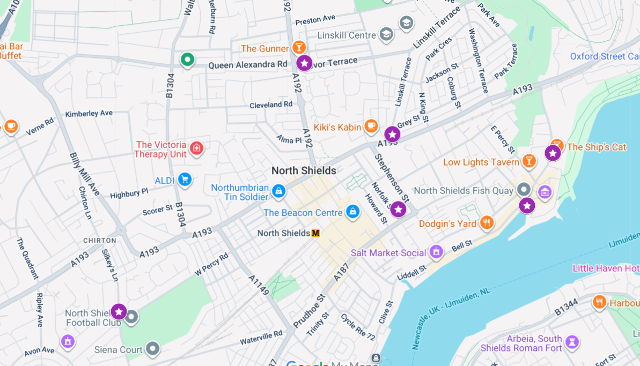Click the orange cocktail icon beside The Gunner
299,48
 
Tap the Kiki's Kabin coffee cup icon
371,126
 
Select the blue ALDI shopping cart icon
185,180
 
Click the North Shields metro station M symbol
315,233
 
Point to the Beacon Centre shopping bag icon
352,212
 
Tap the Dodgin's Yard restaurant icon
487,223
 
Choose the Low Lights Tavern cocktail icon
529,161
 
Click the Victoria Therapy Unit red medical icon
197,148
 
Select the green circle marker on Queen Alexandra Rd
187,59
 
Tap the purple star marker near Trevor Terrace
304,63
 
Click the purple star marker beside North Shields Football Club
119,311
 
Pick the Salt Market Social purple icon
437,251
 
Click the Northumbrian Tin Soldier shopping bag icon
278,191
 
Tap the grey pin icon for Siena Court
153,349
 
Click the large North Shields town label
304,170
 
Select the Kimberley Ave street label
89,114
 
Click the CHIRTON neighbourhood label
100,241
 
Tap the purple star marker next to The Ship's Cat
553,153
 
